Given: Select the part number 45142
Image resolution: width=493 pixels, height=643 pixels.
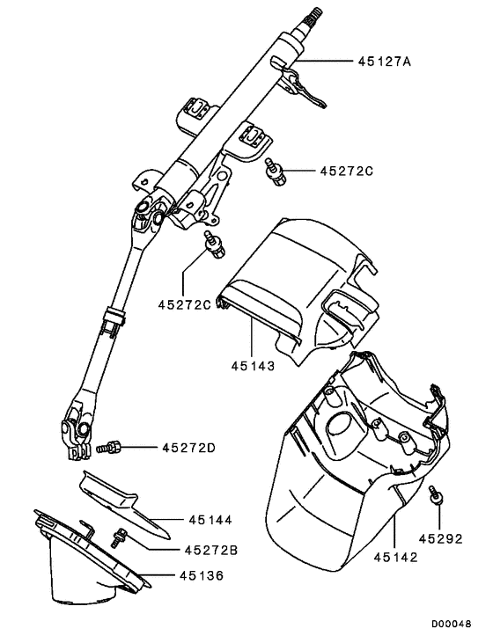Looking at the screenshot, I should [x=395, y=556].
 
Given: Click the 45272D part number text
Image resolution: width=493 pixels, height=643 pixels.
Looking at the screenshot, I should [x=188, y=449].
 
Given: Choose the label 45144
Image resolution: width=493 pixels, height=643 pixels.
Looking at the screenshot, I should [x=210, y=520].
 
